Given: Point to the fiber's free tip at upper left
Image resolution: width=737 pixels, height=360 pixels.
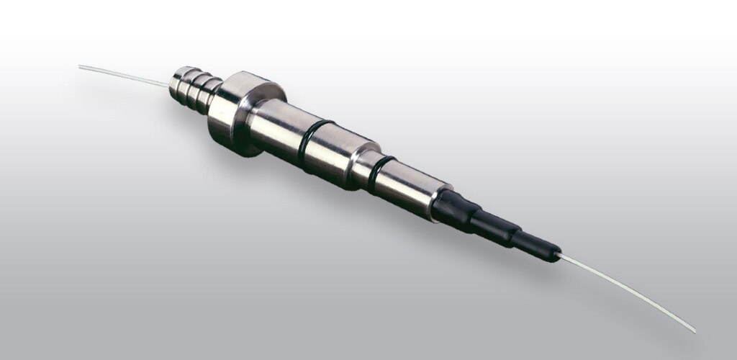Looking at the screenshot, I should (x=80, y=66).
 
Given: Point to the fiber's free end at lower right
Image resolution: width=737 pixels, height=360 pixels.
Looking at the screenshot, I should (x=695, y=332).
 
